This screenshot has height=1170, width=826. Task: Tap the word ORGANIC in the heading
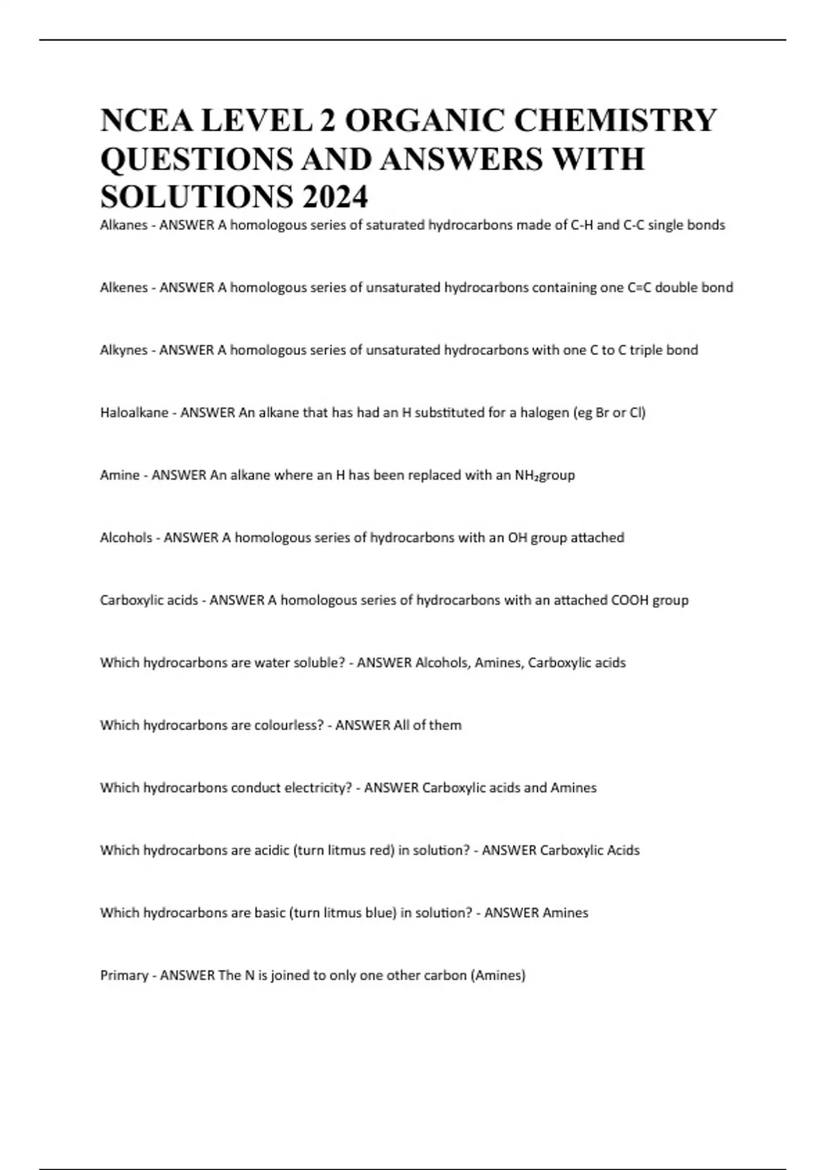[423, 120]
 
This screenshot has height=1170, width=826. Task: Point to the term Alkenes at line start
[123, 288]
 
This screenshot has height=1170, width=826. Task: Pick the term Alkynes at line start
[123, 350]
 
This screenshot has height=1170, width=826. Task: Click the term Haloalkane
[134, 413]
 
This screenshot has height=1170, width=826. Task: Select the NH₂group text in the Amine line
[544, 476]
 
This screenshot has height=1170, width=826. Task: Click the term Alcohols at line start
[125, 538]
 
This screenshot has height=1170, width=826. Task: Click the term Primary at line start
[124, 975]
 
